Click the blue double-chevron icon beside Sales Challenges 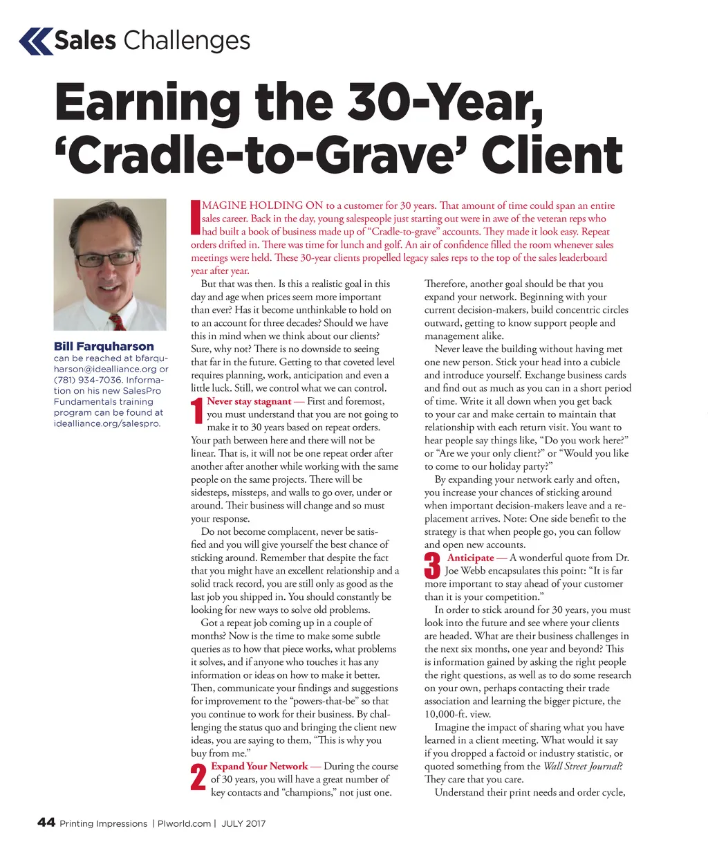[x=36, y=41]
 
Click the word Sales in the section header [x=85, y=41]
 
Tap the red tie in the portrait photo [x=117, y=320]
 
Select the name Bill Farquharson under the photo [x=104, y=346]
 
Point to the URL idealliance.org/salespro [x=106, y=423]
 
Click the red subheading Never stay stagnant [x=249, y=401]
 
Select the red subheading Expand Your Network [x=259, y=767]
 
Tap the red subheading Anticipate [x=470, y=558]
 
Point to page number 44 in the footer [x=46, y=823]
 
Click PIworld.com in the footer [x=184, y=823]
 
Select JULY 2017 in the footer [x=243, y=823]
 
